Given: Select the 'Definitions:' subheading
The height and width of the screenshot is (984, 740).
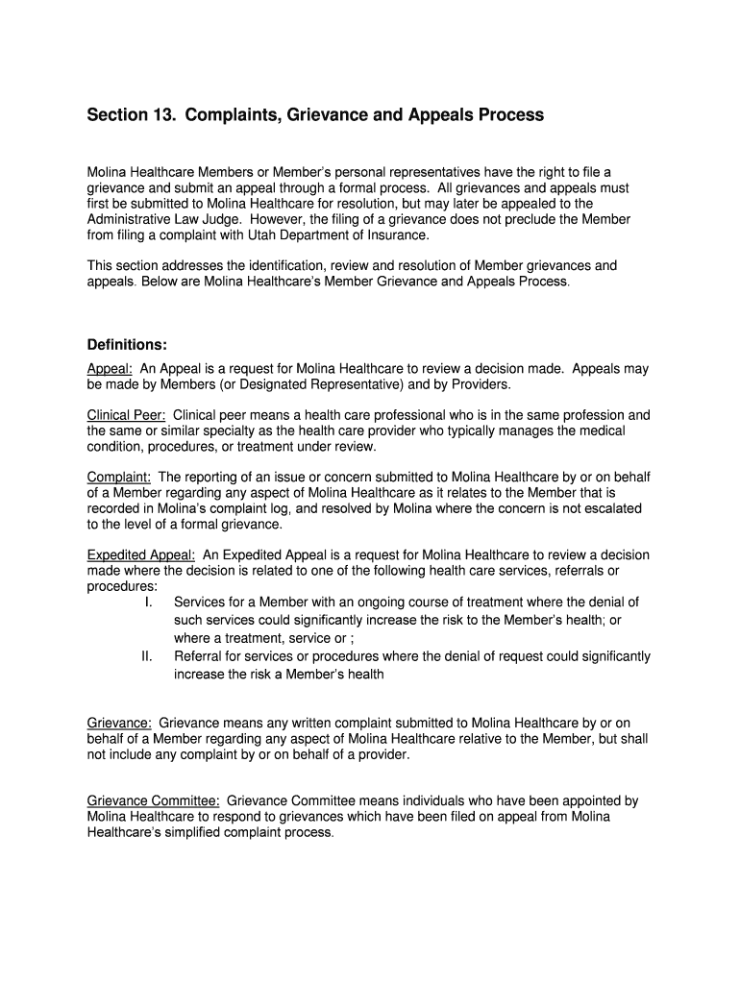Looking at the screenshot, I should click(x=128, y=344).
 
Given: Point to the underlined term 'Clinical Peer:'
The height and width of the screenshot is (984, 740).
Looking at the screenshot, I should click(x=127, y=416).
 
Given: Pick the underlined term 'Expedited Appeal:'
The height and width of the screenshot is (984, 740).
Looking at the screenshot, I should click(x=141, y=555).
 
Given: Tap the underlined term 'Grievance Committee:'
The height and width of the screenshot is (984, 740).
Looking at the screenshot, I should click(x=154, y=800).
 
